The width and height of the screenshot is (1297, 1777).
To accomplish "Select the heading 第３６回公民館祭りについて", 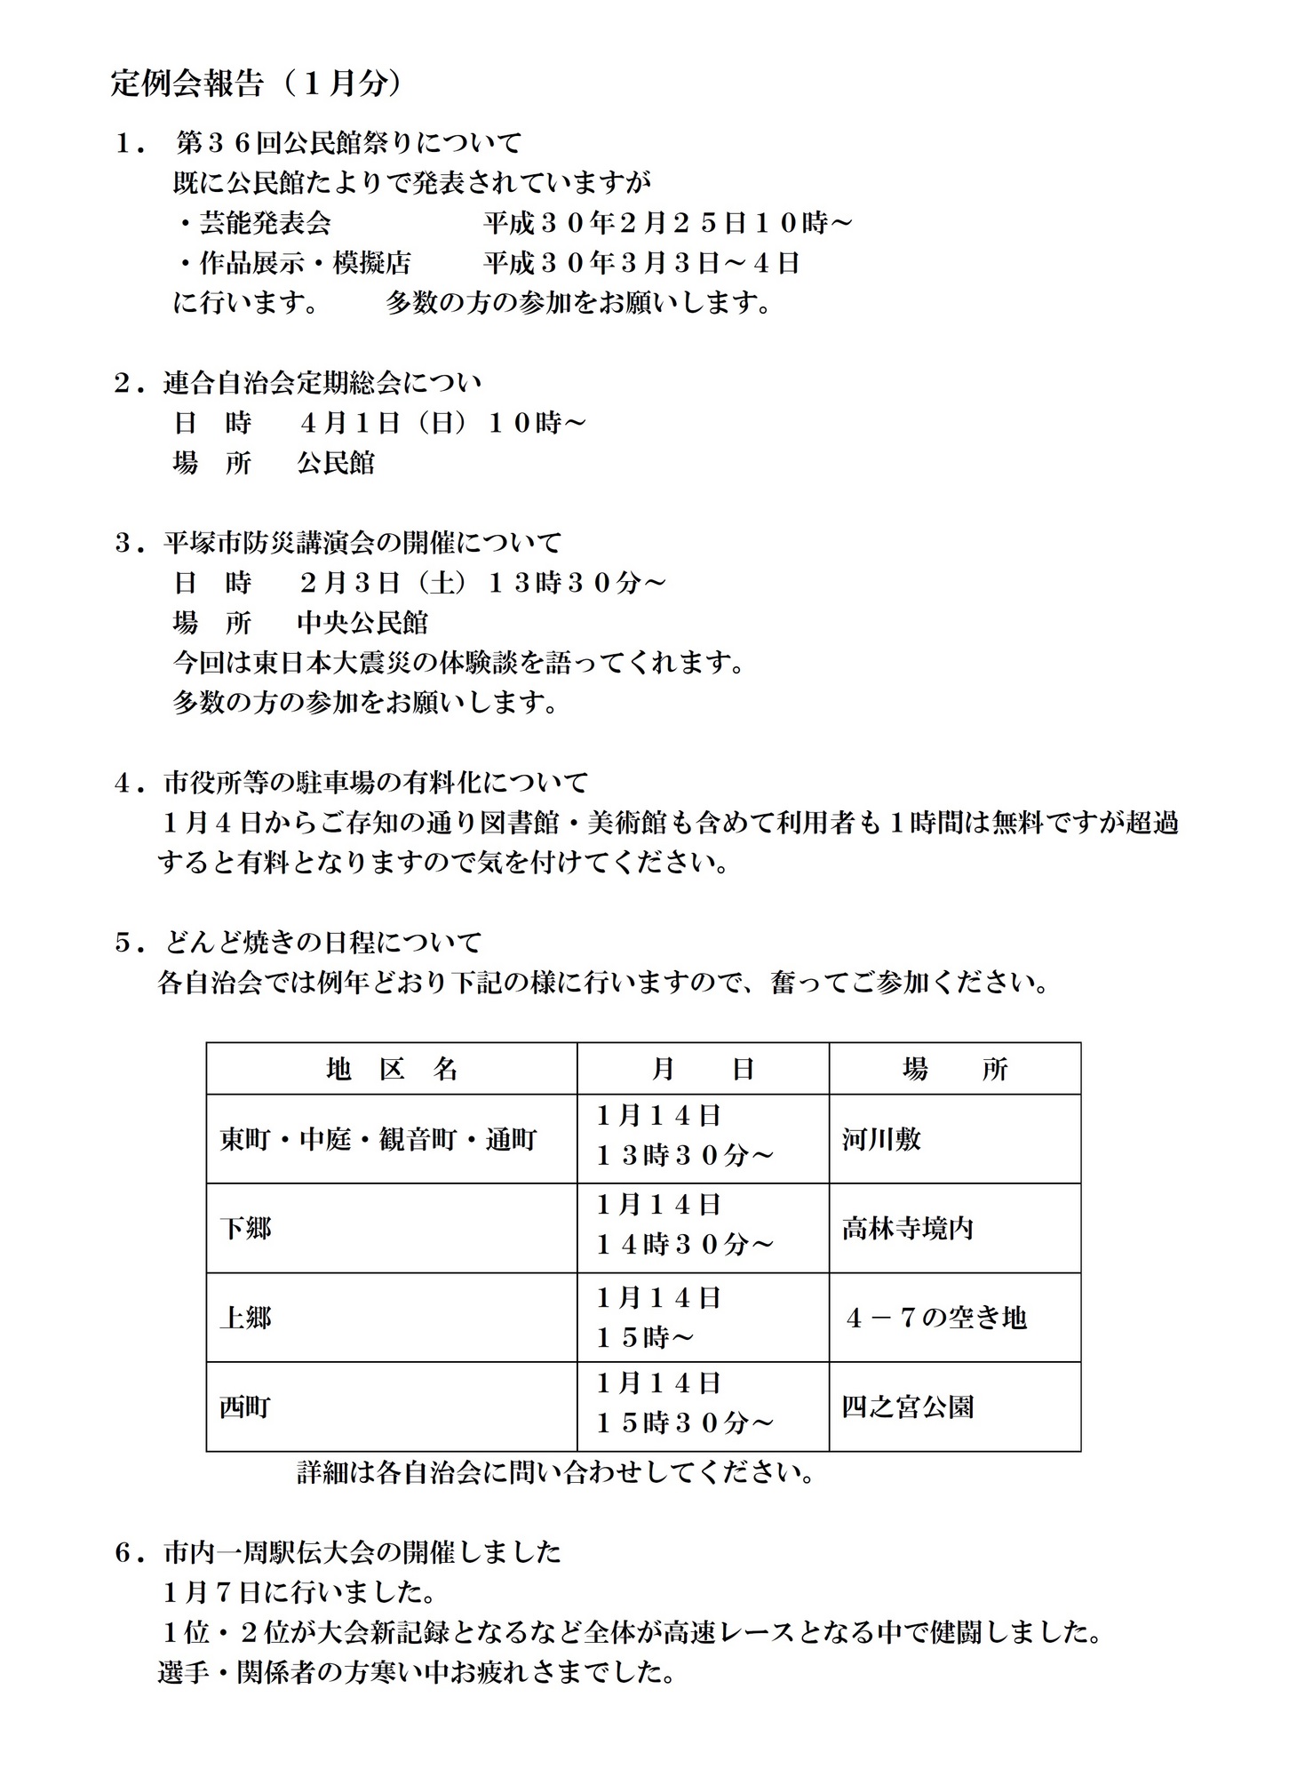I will pyautogui.click(x=348, y=142).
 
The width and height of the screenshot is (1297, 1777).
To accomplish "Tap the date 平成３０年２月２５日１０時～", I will pyautogui.click(x=667, y=222).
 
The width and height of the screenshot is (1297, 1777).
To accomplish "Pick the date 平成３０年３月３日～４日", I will pyautogui.click(x=641, y=262).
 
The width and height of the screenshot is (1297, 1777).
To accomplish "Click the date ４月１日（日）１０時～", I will pyautogui.click(x=442, y=423).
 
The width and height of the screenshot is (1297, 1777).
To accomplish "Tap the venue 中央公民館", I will pyautogui.click(x=362, y=623).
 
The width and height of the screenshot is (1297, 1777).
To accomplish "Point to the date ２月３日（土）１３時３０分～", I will pyautogui.click(x=481, y=583).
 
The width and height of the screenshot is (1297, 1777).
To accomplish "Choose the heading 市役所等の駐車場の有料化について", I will pyautogui.click(x=375, y=783).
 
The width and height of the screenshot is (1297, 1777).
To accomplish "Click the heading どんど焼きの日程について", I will pyautogui.click(x=322, y=942).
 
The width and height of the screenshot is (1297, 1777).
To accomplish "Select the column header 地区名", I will pyautogui.click(x=392, y=1068).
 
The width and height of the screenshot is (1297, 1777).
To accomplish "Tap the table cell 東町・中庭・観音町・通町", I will pyautogui.click(x=378, y=1139).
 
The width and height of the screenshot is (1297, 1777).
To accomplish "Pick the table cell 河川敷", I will pyautogui.click(x=881, y=1139).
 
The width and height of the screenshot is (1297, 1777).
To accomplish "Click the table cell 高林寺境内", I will pyautogui.click(x=907, y=1228).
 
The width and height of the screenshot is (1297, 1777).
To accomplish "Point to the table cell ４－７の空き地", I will pyautogui.click(x=935, y=1317).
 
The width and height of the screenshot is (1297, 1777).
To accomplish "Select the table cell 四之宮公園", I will pyautogui.click(x=907, y=1406).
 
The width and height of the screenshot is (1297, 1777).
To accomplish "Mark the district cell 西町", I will pyautogui.click(x=245, y=1406).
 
